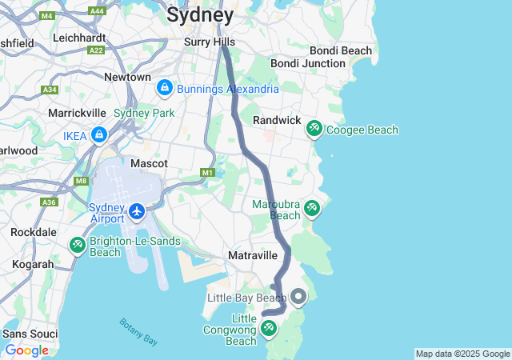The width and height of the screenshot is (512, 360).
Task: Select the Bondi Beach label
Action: click(341, 50)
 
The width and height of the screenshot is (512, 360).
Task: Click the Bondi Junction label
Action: click(307, 63)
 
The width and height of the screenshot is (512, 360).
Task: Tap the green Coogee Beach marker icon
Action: click(314, 129)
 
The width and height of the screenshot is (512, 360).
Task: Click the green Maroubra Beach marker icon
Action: click(311, 209)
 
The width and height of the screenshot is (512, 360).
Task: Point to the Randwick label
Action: click(276, 119)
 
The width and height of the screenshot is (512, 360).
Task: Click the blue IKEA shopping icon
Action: click(99, 135)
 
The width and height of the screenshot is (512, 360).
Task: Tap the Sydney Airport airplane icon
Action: click(137, 212)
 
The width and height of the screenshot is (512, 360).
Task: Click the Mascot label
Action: click(149, 163)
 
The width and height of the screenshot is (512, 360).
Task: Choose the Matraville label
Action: click(252, 255)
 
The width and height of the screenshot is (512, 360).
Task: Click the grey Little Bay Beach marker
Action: click(298, 298)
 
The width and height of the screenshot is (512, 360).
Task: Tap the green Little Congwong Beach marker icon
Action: click(269, 328)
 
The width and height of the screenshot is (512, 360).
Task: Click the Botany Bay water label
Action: click(138, 332)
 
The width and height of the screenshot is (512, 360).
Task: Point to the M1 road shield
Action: click(208, 173)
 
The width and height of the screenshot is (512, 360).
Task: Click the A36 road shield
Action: click(50, 202)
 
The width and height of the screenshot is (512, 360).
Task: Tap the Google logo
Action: click(27, 350)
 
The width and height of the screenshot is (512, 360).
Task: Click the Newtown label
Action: click(127, 77)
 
